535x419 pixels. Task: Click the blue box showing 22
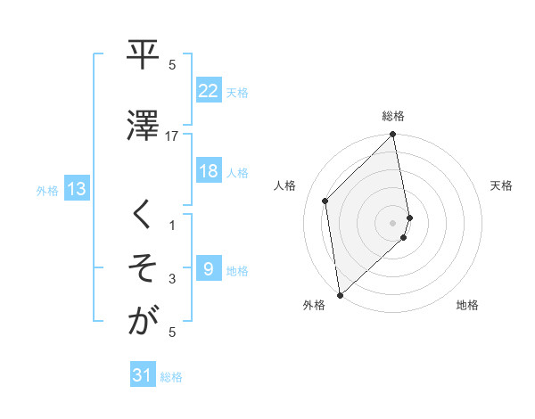click(x=209, y=91)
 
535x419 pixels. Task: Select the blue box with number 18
click(x=209, y=172)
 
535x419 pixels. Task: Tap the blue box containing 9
click(x=209, y=269)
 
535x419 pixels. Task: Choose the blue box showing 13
click(x=76, y=189)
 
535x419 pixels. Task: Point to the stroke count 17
click(x=172, y=136)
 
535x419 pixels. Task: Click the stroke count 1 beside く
click(x=172, y=226)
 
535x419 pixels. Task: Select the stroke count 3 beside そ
click(x=172, y=279)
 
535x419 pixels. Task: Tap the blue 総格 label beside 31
click(x=171, y=377)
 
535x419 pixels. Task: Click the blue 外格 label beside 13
click(x=46, y=190)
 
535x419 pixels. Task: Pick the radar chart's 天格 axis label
click(x=502, y=185)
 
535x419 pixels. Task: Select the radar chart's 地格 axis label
click(x=467, y=305)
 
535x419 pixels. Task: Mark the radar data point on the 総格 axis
click(x=393, y=136)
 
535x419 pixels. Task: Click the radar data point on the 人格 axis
click(x=325, y=201)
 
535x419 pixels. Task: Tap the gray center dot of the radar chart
click(x=393, y=222)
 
